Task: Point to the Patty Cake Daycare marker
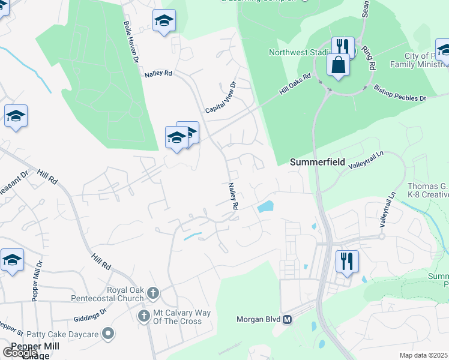[x=108, y=332]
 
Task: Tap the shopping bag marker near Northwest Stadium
[x=339, y=65]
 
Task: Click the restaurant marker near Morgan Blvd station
[x=347, y=262]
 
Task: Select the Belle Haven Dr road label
[x=131, y=44]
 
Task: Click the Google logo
[x=19, y=353]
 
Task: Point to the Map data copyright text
[x=424, y=355]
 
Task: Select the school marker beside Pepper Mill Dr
[x=12, y=260]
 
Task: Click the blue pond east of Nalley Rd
[x=265, y=208]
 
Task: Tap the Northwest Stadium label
[x=298, y=52]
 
